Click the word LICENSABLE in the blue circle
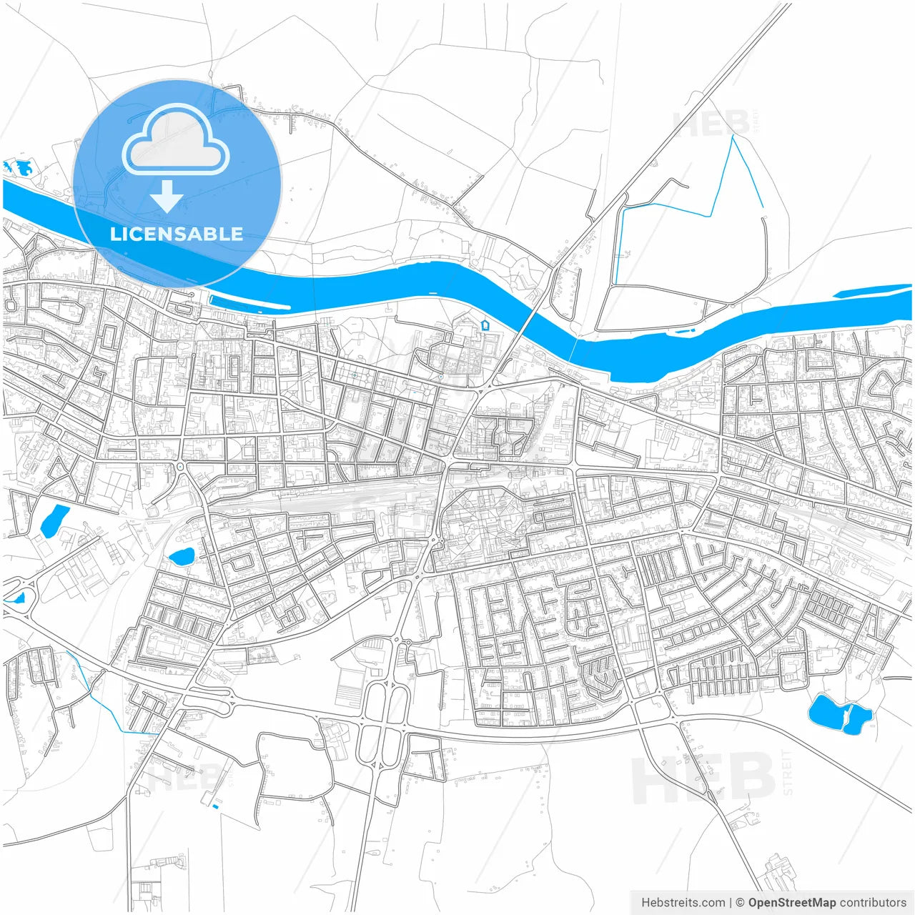coord(177,234)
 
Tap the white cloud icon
coord(176,141)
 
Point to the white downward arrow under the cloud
coord(167,196)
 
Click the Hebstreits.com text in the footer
coord(683,903)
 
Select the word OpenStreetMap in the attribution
coord(791,903)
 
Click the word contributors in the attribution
coord(872,903)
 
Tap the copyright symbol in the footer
coord(740,903)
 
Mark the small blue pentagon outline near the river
coord(485,325)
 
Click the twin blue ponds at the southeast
coord(839,713)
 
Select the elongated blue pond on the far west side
coord(54,520)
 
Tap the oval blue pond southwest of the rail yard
coord(181,555)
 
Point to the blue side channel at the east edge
coord(872,290)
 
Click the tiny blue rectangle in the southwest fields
coord(215,807)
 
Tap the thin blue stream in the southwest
coord(107,704)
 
